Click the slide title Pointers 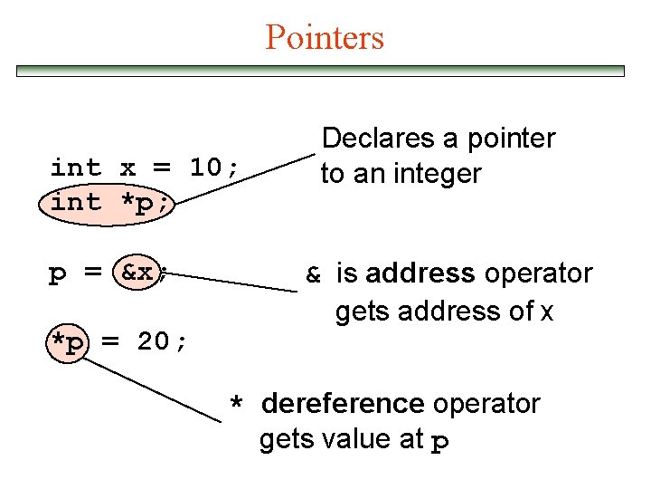[325, 37]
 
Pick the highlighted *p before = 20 [69, 341]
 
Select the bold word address [420, 273]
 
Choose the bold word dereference [343, 403]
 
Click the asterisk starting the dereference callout [236, 404]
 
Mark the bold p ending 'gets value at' [439, 442]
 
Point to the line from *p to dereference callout [157, 390]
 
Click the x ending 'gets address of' [546, 312]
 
